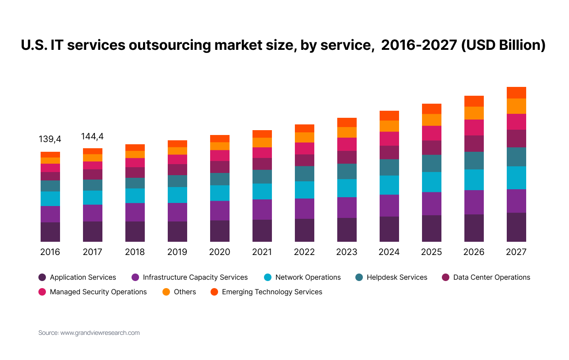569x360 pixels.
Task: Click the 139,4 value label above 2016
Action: tap(50, 139)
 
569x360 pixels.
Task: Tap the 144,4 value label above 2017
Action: tap(92, 136)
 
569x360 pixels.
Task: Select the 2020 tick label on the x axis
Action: tap(219, 252)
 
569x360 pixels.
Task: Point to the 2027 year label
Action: tap(516, 252)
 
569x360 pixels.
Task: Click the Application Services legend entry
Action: tap(83, 277)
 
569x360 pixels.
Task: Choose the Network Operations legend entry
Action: tap(308, 277)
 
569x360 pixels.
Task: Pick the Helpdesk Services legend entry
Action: tap(397, 277)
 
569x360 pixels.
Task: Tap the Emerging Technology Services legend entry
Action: tap(272, 292)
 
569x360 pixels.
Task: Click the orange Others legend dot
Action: tap(166, 292)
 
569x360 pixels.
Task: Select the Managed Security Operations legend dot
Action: tap(42, 292)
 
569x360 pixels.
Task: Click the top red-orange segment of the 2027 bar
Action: tap(516, 93)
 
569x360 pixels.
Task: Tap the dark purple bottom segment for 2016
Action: tap(50, 232)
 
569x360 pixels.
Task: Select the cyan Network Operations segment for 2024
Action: tap(389, 185)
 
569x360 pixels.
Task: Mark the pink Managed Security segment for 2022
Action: tap(304, 149)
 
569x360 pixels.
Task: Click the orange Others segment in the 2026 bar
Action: tap(474, 113)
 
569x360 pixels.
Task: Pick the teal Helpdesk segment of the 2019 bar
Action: tap(177, 181)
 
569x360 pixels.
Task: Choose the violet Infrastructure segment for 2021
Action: tap(262, 210)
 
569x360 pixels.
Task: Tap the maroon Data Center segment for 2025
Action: tap(431, 148)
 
